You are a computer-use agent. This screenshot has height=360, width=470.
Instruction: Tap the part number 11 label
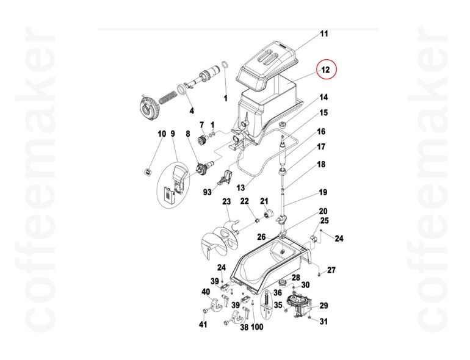point(324,34)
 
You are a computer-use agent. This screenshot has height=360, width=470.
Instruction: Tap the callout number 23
point(226,202)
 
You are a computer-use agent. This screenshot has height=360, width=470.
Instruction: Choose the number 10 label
point(162,134)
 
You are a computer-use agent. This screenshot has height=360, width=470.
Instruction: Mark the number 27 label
point(331,270)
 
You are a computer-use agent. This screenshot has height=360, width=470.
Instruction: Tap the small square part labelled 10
point(147,171)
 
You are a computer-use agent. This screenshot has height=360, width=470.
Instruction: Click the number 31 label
point(324,322)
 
